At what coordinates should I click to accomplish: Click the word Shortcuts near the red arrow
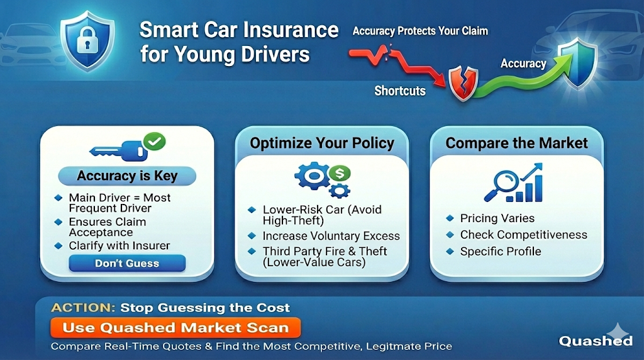pos(400,91)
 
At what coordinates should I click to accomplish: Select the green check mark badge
pos(154,142)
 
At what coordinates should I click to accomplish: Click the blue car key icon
pos(119,150)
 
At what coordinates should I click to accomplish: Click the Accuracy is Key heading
pos(127,176)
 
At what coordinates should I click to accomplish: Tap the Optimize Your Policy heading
pos(322,143)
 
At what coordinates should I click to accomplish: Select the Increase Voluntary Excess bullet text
pos(331,236)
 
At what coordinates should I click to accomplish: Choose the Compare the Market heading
pos(517,143)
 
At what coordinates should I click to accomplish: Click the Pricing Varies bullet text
pos(497,218)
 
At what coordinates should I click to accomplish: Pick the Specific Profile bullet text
pos(500,251)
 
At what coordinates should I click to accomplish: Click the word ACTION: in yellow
pos(84,308)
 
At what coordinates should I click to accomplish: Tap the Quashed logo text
pos(595,340)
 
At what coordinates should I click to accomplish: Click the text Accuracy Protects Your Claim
pos(420,31)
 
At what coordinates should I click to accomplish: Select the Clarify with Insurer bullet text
pos(119,245)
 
